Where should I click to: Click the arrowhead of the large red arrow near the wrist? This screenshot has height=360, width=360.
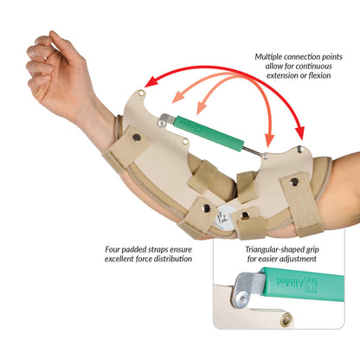tap(149, 83)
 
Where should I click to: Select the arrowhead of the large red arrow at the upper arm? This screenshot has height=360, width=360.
tap(301, 135)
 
